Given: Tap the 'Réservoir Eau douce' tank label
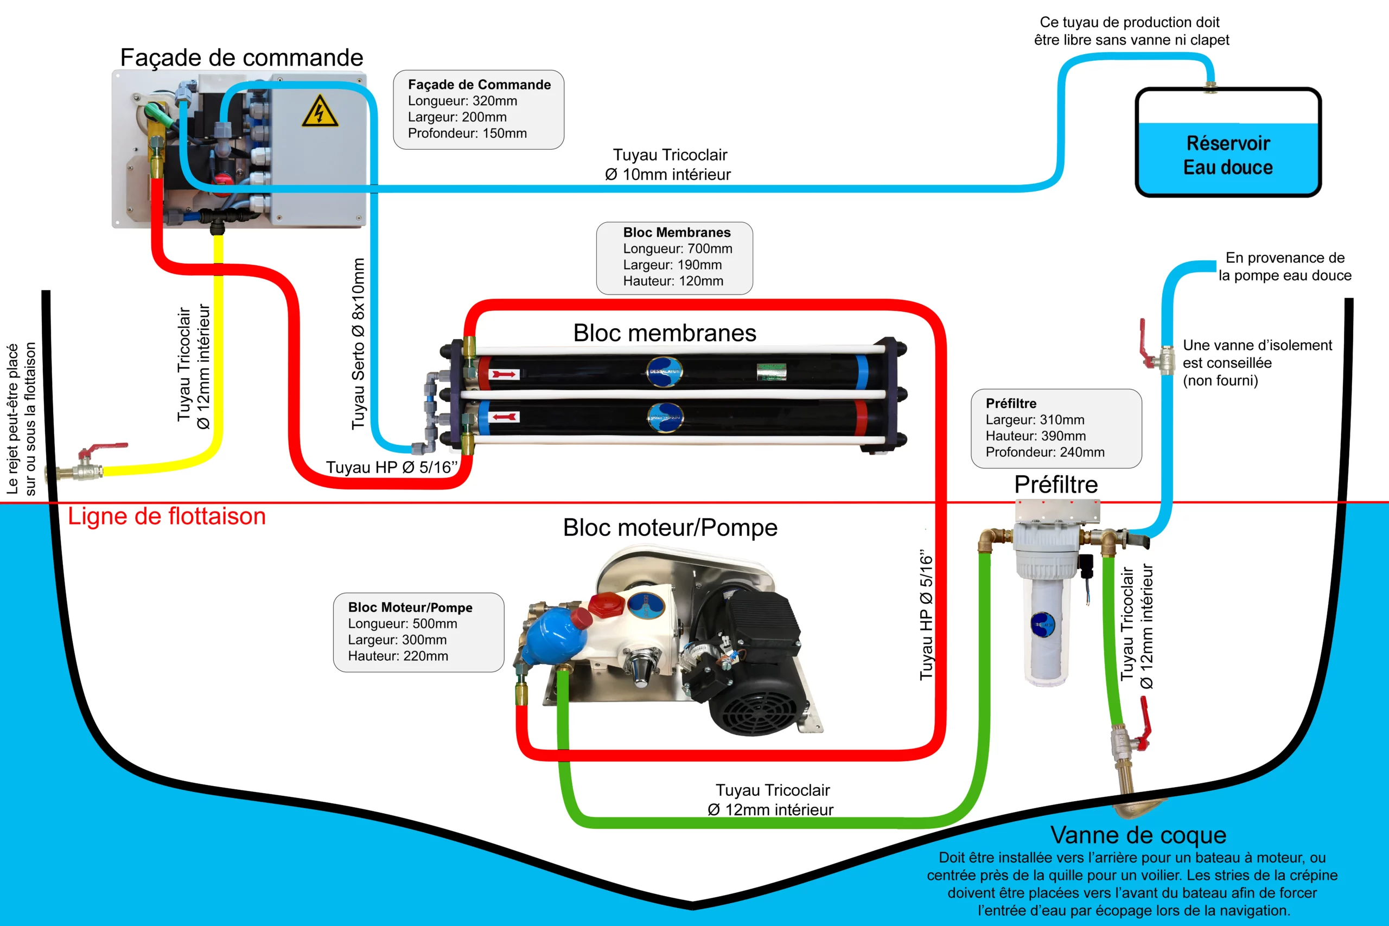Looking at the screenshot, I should point(1228,155).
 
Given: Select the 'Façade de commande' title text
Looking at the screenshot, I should point(241,58).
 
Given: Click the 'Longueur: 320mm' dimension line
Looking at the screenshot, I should point(462,101).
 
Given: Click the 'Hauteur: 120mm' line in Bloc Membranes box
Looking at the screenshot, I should point(673,281).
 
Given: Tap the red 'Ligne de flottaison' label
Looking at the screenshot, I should point(167,516).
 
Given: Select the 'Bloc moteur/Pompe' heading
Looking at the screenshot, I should point(670,527).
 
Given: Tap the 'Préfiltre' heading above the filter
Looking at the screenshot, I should point(1056,484).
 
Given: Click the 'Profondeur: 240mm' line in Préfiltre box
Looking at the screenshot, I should point(1044,452).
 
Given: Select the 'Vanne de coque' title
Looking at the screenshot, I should point(1138,835).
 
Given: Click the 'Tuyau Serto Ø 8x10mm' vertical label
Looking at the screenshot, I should point(358,343).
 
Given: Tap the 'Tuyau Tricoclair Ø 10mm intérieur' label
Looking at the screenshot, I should point(668,165).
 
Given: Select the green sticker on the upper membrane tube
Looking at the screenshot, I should point(771,372).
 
